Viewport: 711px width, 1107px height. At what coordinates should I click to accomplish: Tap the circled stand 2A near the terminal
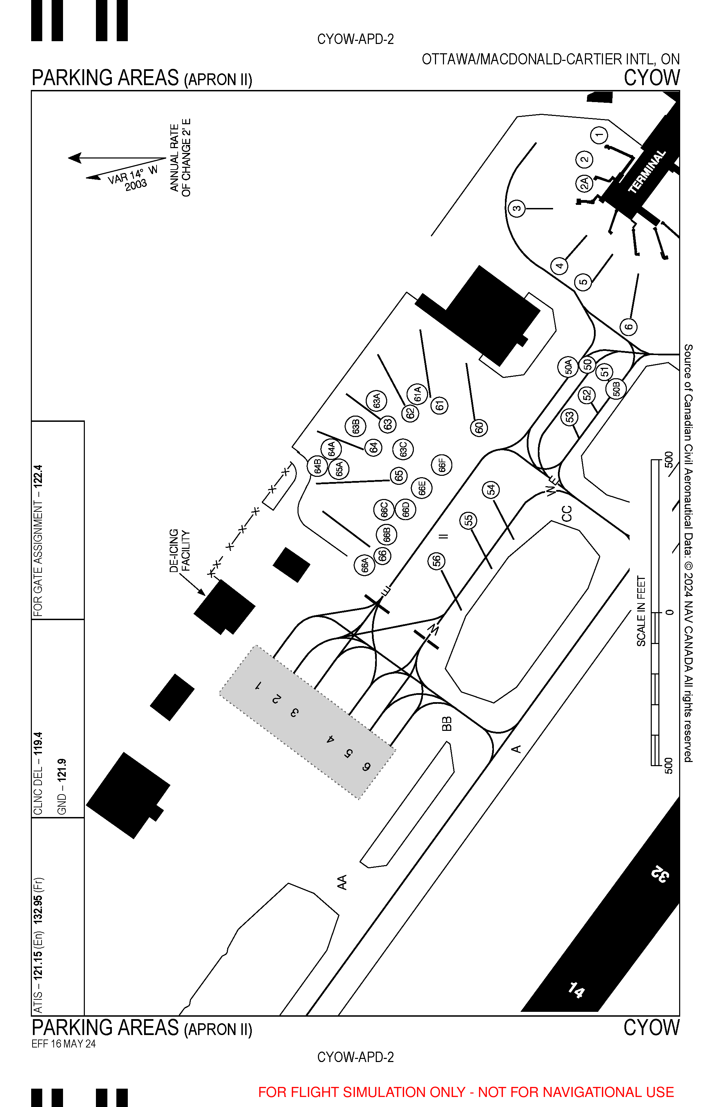(584, 183)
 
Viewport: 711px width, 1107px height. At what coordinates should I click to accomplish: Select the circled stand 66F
(442, 464)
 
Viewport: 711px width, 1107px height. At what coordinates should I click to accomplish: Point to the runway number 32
(660, 874)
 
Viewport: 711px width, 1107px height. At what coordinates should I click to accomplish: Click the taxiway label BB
(446, 724)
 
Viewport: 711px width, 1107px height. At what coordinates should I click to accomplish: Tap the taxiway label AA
(342, 882)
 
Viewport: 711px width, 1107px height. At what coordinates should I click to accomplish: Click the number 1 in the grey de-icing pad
(259, 686)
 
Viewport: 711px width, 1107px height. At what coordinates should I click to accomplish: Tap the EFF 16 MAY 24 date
(64, 1044)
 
